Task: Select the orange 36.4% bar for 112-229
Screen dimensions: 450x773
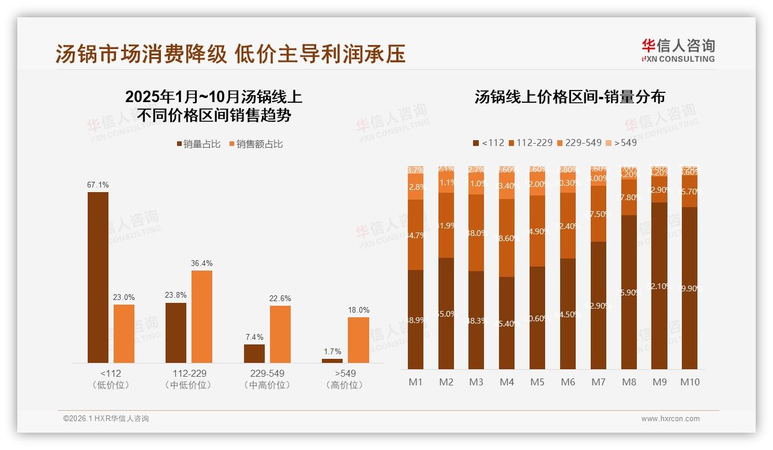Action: pos(202,316)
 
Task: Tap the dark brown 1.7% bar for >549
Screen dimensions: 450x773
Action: pos(332,361)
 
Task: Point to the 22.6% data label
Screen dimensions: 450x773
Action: pos(280,298)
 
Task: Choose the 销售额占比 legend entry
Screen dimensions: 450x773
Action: pos(256,144)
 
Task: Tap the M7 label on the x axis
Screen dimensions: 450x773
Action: pos(598,382)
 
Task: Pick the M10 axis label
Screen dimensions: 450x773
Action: pos(689,382)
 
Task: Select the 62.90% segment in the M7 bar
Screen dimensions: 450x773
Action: pos(598,305)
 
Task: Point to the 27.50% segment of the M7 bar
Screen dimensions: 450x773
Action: pos(598,213)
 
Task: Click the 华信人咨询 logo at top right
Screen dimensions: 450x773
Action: pos(678,50)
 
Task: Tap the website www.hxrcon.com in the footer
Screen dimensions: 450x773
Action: pos(670,419)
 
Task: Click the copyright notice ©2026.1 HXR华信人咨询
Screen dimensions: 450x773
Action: pos(106,419)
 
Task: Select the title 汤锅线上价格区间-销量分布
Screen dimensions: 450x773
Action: pos(569,96)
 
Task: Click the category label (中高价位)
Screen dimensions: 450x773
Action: pos(267,385)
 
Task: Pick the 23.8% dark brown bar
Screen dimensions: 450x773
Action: pos(176,332)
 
